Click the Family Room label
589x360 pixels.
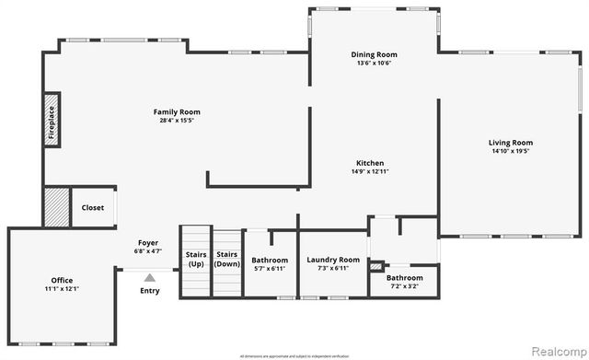point(178,111)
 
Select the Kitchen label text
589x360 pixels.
point(370,162)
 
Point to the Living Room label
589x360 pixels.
point(510,143)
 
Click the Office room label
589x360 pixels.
point(62,280)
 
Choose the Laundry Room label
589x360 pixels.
point(333,260)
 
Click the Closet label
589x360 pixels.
point(93,207)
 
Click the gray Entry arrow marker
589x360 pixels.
point(149,275)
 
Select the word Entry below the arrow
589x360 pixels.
point(149,291)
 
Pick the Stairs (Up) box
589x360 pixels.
point(196,259)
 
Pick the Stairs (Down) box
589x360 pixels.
point(226,259)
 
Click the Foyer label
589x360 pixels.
point(148,242)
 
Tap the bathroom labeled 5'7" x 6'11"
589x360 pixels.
point(270,264)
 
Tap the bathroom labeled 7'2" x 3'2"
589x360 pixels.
point(405,282)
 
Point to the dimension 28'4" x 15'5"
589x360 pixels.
point(178,121)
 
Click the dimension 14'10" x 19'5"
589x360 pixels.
point(510,152)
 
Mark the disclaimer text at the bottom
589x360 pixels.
point(294,354)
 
